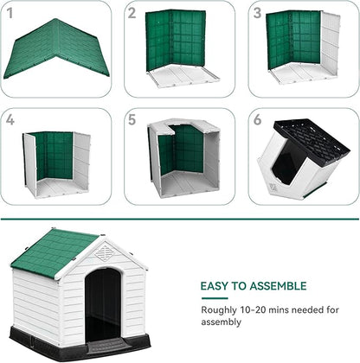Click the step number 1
[x=10, y=12]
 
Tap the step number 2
[x=132, y=12]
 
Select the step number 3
[x=257, y=12]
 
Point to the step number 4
[x=10, y=120]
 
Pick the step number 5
[x=132, y=120]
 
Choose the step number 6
[x=257, y=120]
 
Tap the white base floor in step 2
[x=183, y=77]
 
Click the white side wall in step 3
[x=330, y=43]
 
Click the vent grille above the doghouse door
[x=103, y=253]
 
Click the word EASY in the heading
[x=216, y=286]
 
